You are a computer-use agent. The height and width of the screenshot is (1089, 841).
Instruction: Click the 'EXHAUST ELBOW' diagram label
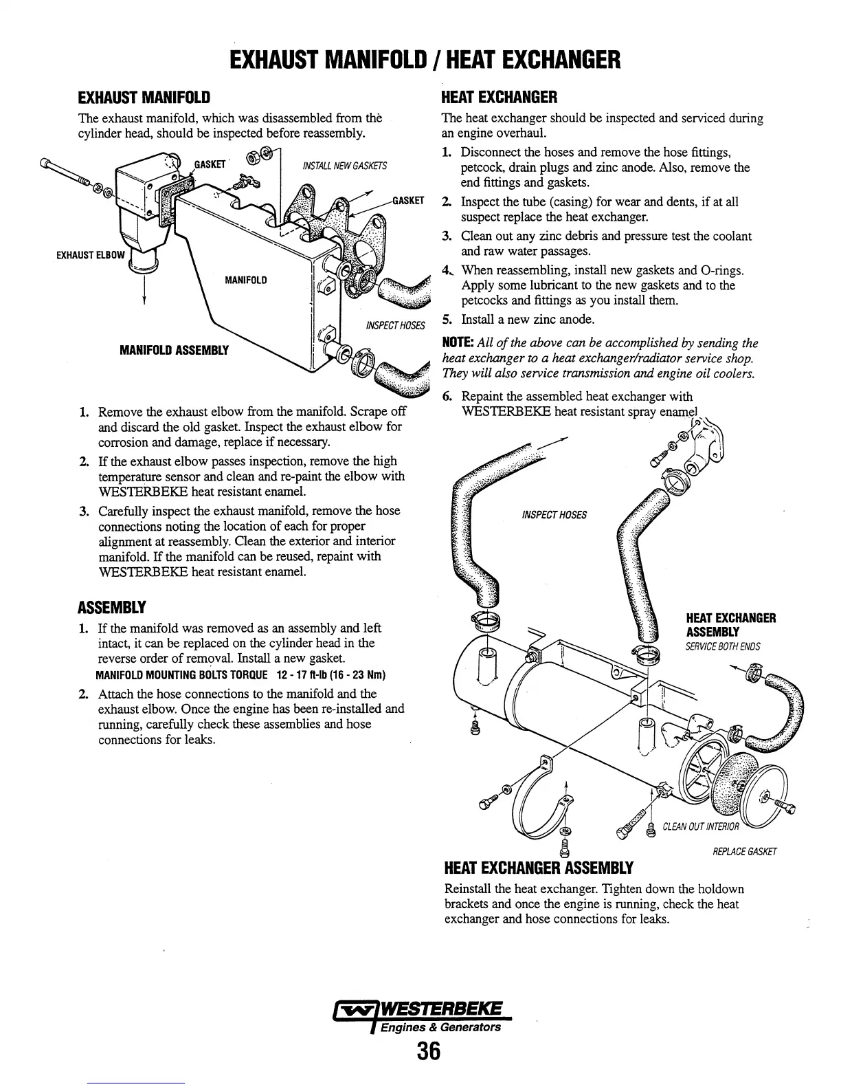pyautogui.click(x=89, y=256)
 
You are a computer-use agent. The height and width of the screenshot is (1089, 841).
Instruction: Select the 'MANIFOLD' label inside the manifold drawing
pyautogui.click(x=246, y=280)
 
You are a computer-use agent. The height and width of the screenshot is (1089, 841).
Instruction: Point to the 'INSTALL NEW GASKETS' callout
pyautogui.click(x=345, y=166)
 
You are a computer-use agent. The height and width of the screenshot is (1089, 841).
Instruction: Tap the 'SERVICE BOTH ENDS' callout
pyautogui.click(x=723, y=646)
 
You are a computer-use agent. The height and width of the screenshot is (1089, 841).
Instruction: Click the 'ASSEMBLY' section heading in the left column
pyautogui.click(x=111, y=608)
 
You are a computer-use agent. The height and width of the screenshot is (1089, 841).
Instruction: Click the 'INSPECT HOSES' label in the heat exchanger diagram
pyautogui.click(x=554, y=515)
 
